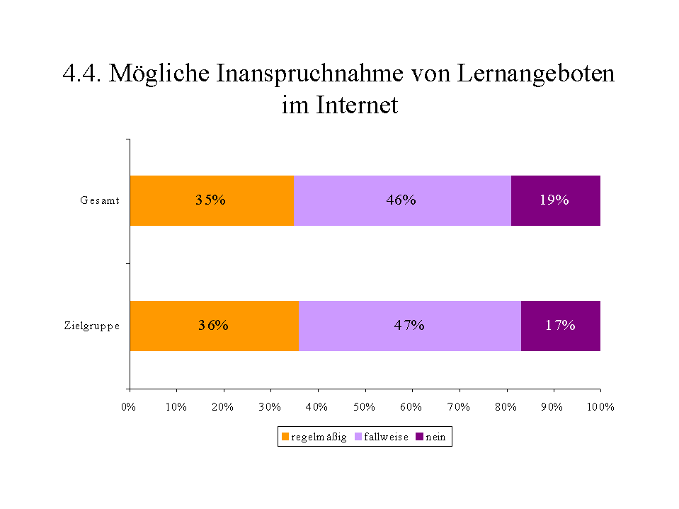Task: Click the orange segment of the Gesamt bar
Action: pos(170,212)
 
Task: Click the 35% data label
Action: pos(210,200)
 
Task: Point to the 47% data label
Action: pos(409,326)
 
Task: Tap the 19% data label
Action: pos(554,200)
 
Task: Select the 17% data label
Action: pos(560,326)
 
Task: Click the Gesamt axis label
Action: pos(99,201)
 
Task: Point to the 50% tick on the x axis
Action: pos(365,407)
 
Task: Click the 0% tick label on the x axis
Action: pos(128,407)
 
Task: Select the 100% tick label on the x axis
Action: pos(601,407)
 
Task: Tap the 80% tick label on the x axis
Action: pos(506,407)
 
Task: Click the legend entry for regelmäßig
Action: pos(314,437)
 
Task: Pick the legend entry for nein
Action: pos(430,437)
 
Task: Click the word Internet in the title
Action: pos(357,105)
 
